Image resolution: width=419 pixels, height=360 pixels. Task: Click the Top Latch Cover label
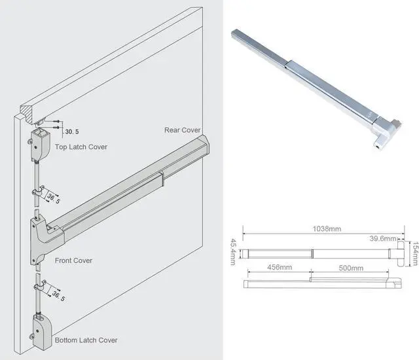pos(81,147)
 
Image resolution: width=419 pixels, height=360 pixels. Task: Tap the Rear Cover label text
pos(182,130)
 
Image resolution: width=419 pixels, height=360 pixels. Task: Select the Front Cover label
pos(73,261)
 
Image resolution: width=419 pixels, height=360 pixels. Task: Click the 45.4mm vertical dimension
pos(232,253)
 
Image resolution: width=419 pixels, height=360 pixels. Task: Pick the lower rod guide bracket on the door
pos(38,286)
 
